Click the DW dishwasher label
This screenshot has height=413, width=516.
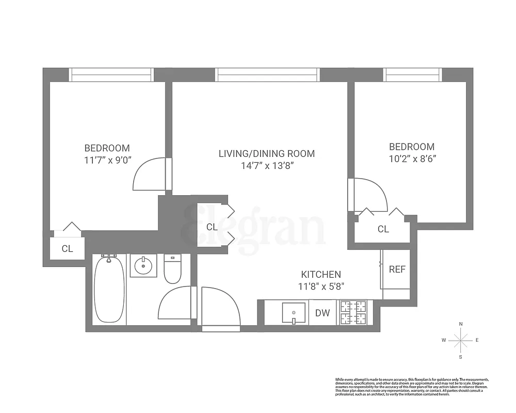322,312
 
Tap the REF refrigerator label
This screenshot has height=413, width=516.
397,269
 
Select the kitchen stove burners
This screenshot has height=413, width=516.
352,313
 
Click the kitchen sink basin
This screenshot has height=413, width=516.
294,313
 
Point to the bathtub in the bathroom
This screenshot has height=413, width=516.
109,290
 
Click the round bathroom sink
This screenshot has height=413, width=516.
142,266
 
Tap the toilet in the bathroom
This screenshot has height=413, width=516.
172,269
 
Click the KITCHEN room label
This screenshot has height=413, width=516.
321,275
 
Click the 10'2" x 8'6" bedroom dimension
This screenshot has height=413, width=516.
412,159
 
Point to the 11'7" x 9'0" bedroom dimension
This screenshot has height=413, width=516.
108,160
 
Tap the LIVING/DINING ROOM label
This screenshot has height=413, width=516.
267,153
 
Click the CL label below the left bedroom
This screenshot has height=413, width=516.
67,248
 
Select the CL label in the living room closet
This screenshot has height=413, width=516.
212,227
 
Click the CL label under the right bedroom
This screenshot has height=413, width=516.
383,229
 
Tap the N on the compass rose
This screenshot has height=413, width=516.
461,324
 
